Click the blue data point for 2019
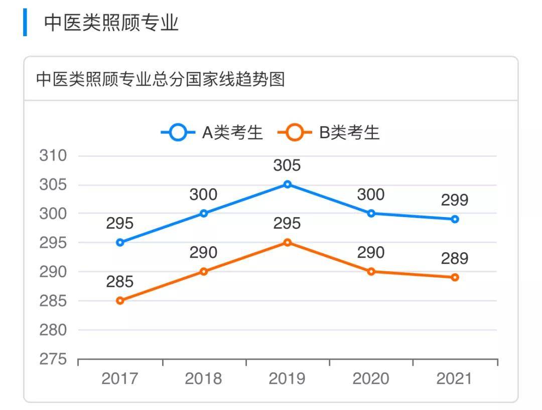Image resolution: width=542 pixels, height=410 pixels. pos(288,184)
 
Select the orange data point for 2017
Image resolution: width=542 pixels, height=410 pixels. pos(120,300)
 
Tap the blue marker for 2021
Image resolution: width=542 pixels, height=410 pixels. pos(455,219)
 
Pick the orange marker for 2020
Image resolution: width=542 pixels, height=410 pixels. pos(371,271)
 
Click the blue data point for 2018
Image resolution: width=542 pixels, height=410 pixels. pos(204,214)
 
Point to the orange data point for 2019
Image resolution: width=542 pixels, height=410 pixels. pos(288,243)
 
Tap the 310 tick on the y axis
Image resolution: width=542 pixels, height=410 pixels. pos(53,156)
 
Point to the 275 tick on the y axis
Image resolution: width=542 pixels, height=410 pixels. pos(53,359)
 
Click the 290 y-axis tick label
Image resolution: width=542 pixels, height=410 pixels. pos(53,272)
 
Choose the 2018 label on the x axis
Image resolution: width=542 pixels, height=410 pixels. pos(203,378)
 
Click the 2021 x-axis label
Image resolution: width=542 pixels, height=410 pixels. pos(455,378)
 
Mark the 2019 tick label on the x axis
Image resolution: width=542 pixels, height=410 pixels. pos(287,378)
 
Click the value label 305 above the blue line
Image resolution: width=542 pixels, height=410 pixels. pos(287,165)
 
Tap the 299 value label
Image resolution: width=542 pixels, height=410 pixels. pos(455,200)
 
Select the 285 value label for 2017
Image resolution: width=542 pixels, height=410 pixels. pos(120,282)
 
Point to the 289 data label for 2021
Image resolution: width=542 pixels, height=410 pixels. pos(455,258)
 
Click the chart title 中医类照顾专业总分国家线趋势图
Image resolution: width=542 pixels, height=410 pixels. pos(161,79)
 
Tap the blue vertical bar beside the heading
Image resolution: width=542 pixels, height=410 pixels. pos(25,22)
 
